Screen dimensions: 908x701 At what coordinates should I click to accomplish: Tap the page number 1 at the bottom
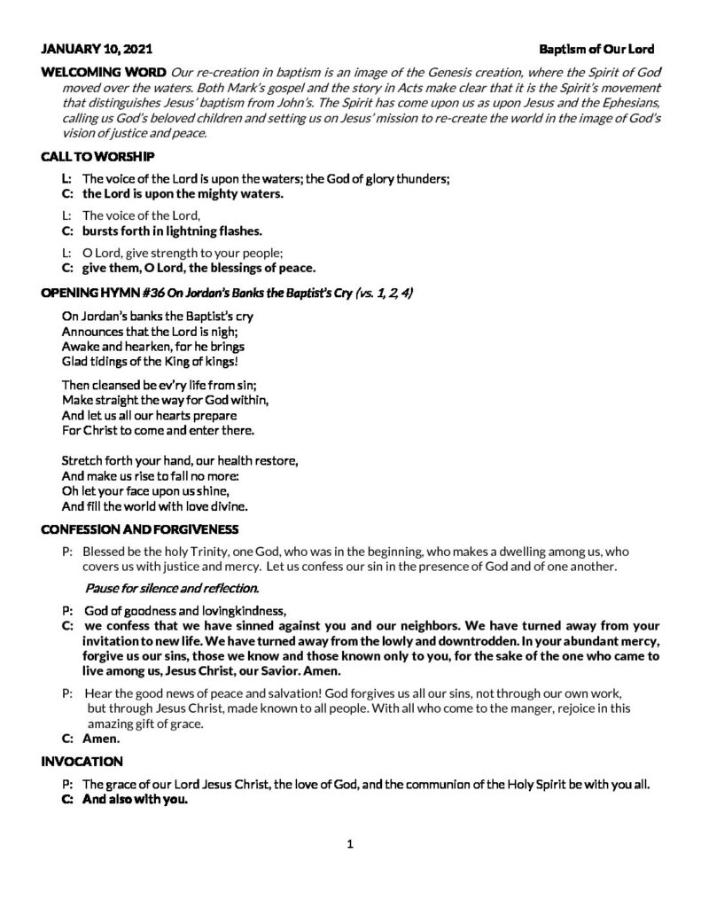coord(350,844)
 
